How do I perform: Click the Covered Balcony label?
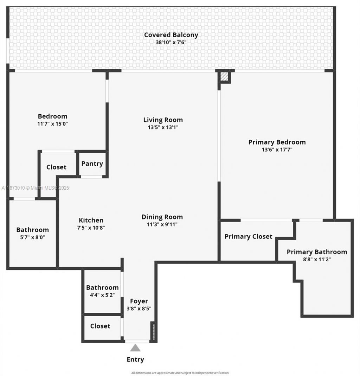point(171,35)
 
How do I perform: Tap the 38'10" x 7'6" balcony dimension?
point(171,43)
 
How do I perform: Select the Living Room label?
point(163,120)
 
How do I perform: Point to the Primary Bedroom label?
point(277,142)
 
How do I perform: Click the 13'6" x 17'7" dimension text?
point(277,149)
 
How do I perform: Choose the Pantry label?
point(92,164)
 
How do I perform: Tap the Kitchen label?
point(91,220)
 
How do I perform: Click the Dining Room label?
point(162,217)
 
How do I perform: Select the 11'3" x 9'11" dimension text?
point(162,224)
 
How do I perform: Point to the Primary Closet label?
point(248,236)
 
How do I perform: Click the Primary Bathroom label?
point(317,252)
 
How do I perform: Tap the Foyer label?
point(139,301)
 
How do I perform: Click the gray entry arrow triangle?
point(135,348)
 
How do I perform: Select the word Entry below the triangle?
point(135,359)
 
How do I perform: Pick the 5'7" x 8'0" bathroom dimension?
point(33,237)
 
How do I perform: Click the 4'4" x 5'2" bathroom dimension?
point(102,295)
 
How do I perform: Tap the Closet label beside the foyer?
point(100,326)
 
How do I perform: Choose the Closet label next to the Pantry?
point(56,167)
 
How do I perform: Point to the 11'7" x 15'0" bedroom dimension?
point(52,124)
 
